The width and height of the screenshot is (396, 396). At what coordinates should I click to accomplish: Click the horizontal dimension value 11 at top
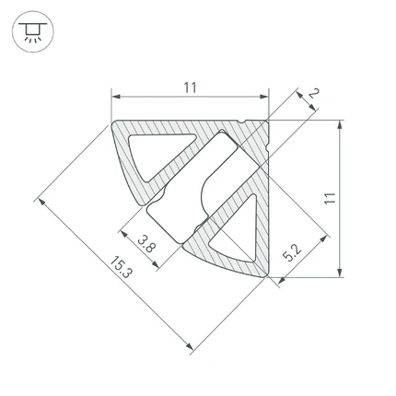[190, 87]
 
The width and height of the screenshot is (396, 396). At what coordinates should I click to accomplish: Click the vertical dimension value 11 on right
[330, 198]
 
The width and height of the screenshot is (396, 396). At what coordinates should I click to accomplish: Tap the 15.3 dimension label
[121, 267]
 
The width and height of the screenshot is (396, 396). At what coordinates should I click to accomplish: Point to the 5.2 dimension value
[292, 252]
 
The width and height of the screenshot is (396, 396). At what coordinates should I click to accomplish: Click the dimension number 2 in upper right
[313, 93]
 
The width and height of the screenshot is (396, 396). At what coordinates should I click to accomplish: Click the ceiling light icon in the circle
[33, 31]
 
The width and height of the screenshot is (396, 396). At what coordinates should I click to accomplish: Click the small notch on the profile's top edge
[242, 122]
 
